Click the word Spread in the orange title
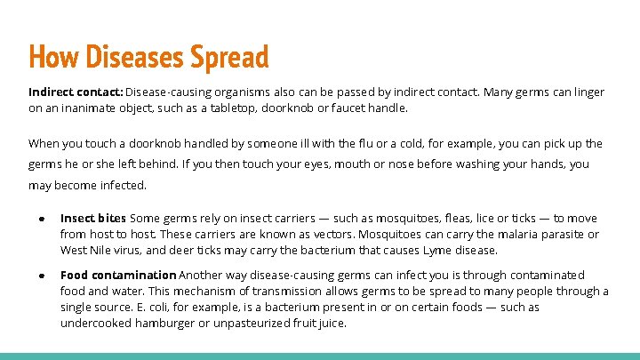[228, 57]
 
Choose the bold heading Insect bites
[93, 219]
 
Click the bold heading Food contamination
[118, 276]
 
